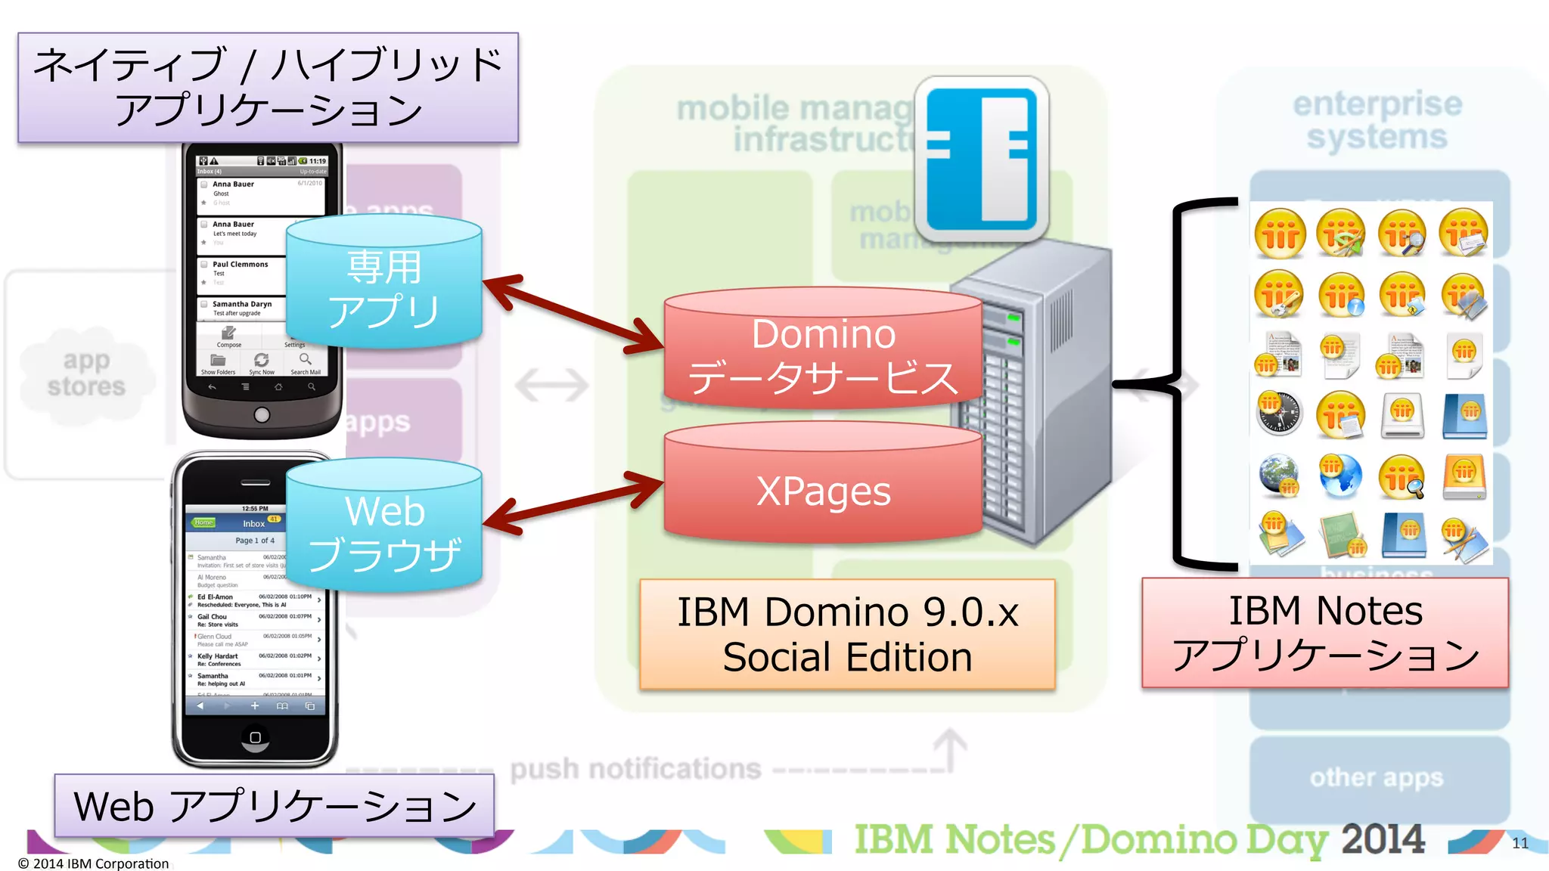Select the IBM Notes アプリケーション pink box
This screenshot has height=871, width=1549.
[x=1325, y=632]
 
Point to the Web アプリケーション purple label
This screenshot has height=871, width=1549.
[x=274, y=806]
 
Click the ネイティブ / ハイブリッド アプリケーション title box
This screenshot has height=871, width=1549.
[x=268, y=87]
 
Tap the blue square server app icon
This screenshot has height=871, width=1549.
[x=982, y=159]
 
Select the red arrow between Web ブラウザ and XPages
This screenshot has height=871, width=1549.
[x=573, y=502]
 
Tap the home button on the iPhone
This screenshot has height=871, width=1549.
[x=255, y=737]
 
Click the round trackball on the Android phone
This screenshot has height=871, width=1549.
[x=262, y=414]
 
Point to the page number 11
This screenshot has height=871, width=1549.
[x=1520, y=843]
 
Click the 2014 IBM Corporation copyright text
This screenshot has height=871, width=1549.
[x=94, y=863]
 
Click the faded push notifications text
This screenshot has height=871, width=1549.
[x=635, y=769]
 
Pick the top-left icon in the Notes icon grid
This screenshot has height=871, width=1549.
[x=1280, y=233]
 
